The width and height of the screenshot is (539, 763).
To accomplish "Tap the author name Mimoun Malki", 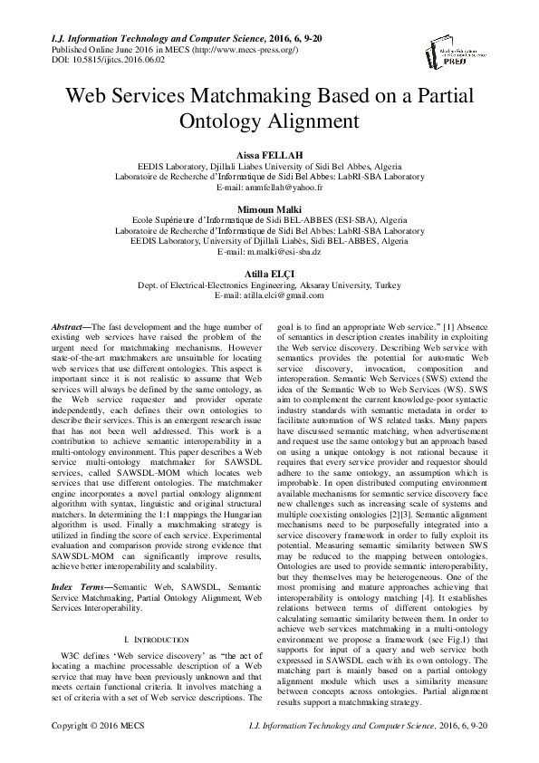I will click(x=269, y=208).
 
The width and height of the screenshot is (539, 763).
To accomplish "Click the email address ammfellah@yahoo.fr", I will click(x=269, y=188).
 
